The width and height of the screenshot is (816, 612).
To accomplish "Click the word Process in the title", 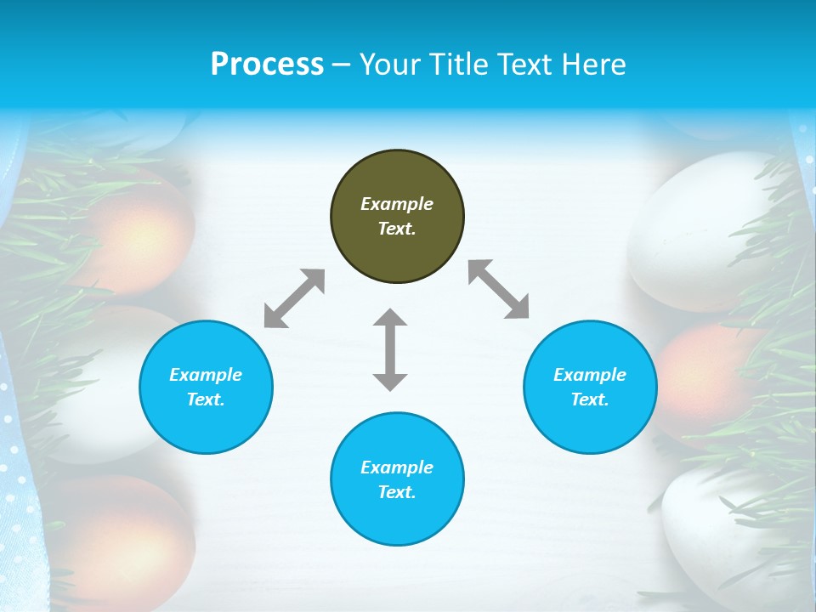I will point(267,65).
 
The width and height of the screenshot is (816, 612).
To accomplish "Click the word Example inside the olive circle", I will point(397,204).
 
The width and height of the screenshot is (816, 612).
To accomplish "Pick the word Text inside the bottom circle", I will point(397,492).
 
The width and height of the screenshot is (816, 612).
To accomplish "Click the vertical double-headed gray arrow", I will point(390,350).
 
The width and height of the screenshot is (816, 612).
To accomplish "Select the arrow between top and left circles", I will point(294,298).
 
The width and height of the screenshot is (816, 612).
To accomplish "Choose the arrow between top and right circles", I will point(499,289).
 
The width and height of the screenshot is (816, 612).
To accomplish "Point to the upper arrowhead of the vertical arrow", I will point(390,318).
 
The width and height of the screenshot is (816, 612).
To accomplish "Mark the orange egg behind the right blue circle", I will point(688,382).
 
